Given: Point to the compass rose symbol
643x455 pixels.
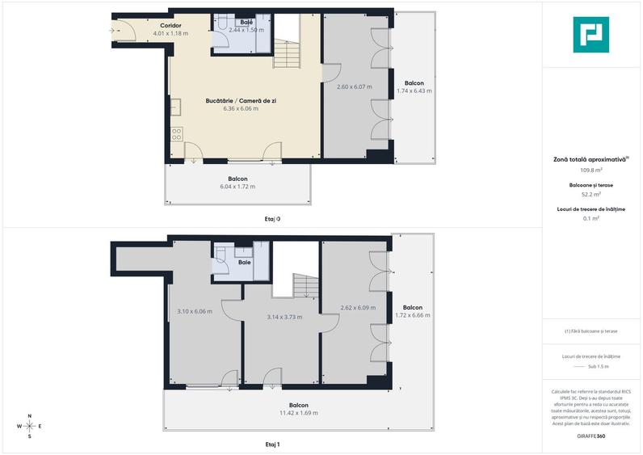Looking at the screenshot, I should [29, 426].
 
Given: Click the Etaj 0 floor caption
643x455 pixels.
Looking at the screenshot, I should [273, 218].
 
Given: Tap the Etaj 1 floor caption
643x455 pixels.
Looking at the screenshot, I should [273, 444].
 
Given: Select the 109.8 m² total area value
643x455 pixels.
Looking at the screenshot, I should [591, 171].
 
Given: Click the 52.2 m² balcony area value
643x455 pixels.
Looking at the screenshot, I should [591, 194].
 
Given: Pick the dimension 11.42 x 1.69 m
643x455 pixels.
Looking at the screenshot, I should [300, 413].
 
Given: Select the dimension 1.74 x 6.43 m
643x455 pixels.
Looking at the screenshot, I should [414, 91].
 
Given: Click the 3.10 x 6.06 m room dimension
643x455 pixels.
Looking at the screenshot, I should [194, 311].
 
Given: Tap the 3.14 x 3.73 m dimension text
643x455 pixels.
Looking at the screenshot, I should [284, 317].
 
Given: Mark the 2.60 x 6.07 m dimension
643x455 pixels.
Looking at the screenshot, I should [353, 87].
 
